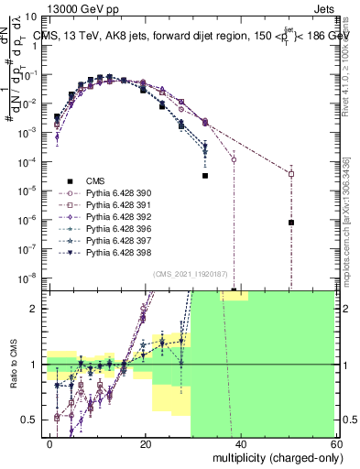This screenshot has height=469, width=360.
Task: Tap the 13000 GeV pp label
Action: tap(47, 7)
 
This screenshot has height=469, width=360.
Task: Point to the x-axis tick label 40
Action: tap(241, 443)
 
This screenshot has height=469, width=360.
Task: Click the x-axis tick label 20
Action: tap(146, 443)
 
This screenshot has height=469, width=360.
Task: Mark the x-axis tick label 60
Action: tap(336, 443)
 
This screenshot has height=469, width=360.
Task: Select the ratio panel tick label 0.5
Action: tap(36, 420)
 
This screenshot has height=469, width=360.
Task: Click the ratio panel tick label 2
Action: tap(39, 309)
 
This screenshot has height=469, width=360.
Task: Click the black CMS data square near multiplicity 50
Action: tap(290, 223)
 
